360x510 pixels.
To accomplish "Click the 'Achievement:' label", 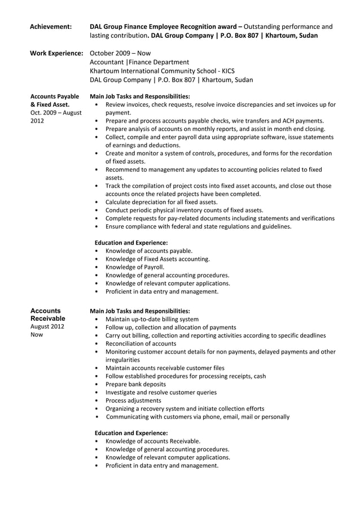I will click(50, 27).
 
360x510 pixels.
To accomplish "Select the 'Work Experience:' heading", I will click(56, 53).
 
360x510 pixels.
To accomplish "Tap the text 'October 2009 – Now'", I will click(116, 53).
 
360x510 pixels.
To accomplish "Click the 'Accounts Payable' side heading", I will click(54, 96).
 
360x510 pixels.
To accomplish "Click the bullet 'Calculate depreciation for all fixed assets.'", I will click(161, 202).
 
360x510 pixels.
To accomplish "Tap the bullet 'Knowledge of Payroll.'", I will click(135, 267).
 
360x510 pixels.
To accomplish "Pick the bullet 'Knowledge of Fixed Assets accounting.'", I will click(157, 259).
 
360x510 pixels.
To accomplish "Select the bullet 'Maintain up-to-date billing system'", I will click(152, 319).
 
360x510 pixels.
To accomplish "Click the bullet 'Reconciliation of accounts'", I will click(141, 343).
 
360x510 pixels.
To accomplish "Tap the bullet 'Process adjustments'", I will click(133, 400).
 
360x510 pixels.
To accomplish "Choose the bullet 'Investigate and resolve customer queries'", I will click(161, 392).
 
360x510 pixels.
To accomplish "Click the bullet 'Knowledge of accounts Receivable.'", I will click(153, 441).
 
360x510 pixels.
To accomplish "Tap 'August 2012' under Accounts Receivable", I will click(47, 327).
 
